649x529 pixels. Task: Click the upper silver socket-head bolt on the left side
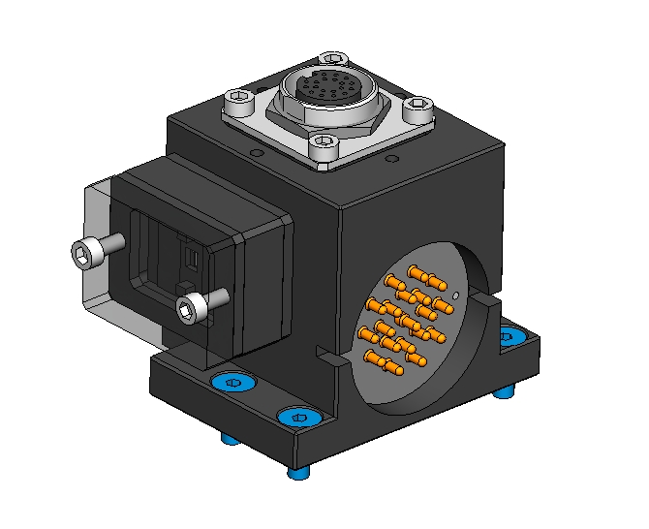click(85, 253)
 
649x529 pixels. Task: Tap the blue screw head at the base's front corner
click(298, 418)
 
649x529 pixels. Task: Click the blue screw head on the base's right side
click(508, 336)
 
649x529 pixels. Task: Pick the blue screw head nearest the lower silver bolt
click(232, 383)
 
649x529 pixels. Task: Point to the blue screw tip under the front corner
click(300, 473)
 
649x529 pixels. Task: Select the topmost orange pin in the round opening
click(415, 271)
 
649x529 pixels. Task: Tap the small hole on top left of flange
click(254, 152)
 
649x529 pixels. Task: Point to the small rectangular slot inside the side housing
click(191, 259)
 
